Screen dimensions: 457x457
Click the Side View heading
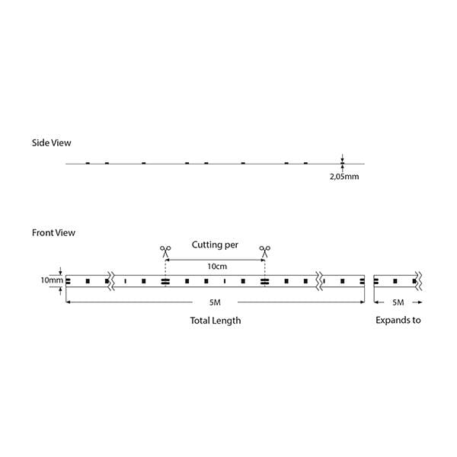tap(51, 143)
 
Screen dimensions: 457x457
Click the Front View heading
tap(53, 232)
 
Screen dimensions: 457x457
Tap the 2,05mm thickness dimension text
tap(344, 177)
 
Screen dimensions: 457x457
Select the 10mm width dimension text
tap(52, 280)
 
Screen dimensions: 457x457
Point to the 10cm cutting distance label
tap(217, 267)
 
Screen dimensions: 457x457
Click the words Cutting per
tap(215, 244)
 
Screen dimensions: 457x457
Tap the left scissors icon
tap(165, 251)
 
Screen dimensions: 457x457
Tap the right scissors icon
tap(264, 251)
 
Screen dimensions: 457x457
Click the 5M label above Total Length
tap(215, 302)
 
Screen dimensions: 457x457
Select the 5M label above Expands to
tap(398, 302)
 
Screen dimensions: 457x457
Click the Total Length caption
tap(216, 321)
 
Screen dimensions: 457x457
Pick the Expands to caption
tap(398, 321)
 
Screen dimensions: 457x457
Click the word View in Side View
tap(61, 143)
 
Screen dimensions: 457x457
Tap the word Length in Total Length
tap(226, 321)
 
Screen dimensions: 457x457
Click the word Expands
tap(392, 321)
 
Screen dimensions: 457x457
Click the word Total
tap(200, 321)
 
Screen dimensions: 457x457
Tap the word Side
tap(40, 143)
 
